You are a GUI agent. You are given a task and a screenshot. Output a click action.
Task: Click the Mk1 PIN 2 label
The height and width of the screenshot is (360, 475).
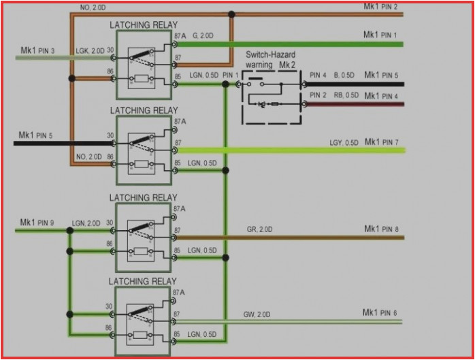(x=380, y=7)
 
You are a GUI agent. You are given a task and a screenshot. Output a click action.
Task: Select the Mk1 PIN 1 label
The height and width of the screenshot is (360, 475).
(x=380, y=34)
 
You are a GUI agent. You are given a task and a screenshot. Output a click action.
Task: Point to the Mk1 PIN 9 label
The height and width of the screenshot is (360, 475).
(x=37, y=222)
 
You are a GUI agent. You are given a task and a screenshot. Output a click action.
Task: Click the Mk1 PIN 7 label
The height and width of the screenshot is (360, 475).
(x=381, y=142)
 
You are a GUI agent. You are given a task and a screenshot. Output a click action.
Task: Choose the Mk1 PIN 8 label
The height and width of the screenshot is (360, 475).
(x=381, y=229)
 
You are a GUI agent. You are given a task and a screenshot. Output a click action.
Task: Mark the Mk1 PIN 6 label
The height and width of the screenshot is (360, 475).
(x=380, y=312)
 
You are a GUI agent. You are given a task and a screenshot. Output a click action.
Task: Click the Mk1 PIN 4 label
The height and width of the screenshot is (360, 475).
(x=381, y=95)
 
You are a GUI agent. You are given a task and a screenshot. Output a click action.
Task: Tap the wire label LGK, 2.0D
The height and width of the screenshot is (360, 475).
(x=90, y=50)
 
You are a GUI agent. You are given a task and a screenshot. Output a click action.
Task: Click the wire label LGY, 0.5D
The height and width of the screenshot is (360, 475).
(x=344, y=142)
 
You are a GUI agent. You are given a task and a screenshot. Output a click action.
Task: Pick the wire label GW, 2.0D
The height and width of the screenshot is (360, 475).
(x=257, y=314)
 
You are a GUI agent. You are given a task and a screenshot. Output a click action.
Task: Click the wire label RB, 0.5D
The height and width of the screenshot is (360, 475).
(x=346, y=95)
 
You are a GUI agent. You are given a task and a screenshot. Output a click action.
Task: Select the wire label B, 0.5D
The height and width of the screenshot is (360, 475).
(x=344, y=75)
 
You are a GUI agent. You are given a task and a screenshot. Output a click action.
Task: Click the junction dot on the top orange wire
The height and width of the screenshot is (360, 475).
(x=232, y=14)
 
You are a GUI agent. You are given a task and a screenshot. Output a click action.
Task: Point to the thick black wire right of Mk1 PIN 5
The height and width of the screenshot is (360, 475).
(x=68, y=144)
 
